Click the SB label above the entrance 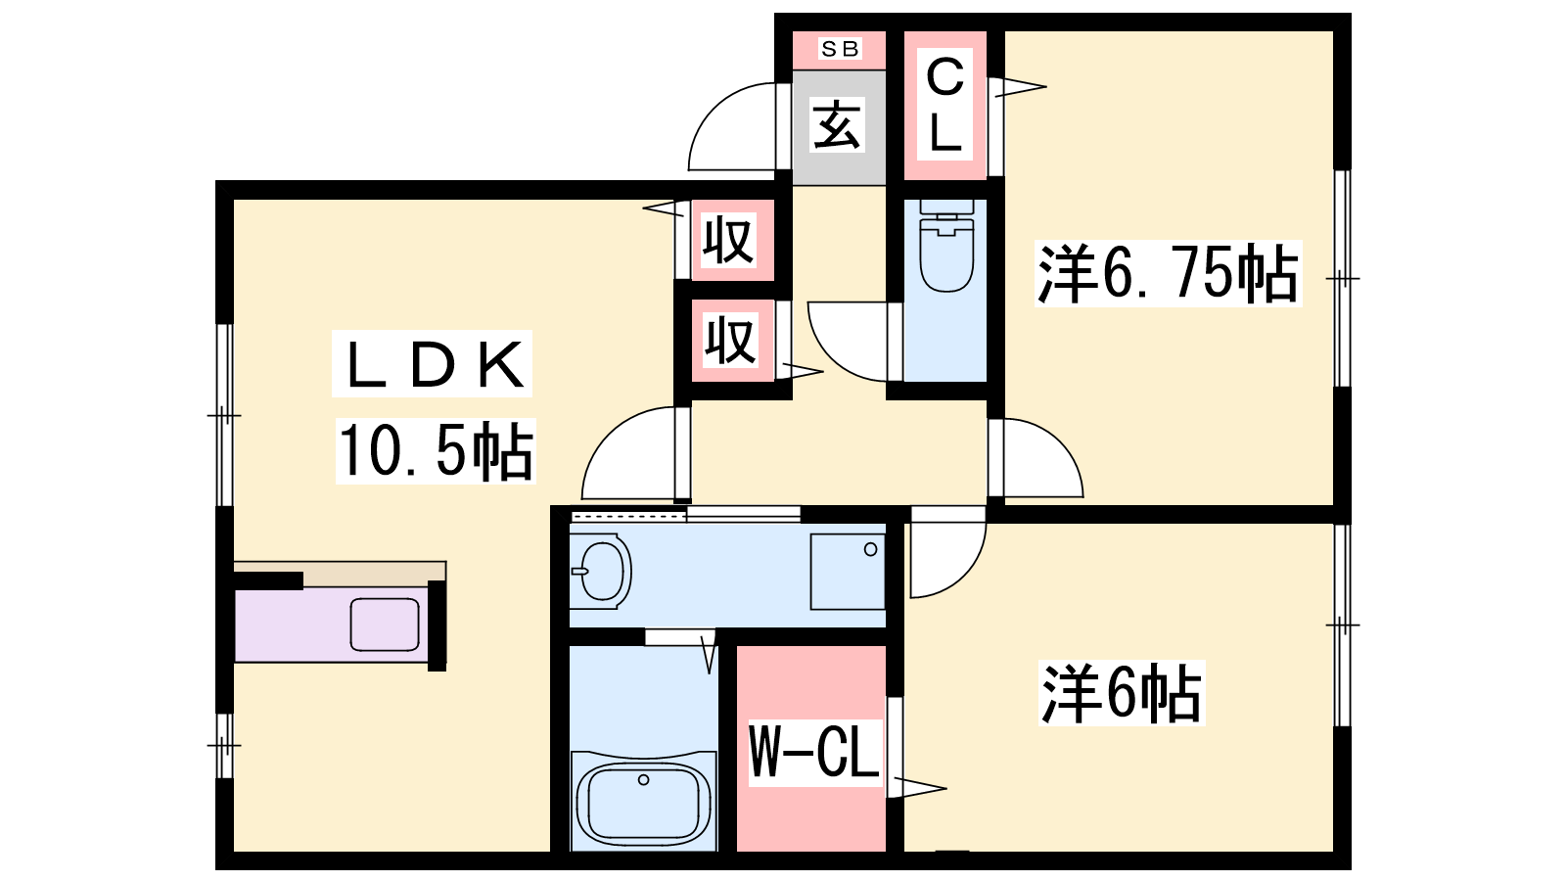840,49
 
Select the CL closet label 945,105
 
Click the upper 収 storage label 728,240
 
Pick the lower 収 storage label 730,341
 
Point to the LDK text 435,364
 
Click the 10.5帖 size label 437,451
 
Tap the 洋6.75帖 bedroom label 1168,273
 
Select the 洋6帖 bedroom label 1122,693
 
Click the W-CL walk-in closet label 813,752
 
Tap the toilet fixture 946,246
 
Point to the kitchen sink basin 385,625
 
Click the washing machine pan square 848,572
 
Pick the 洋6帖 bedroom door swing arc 963,574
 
